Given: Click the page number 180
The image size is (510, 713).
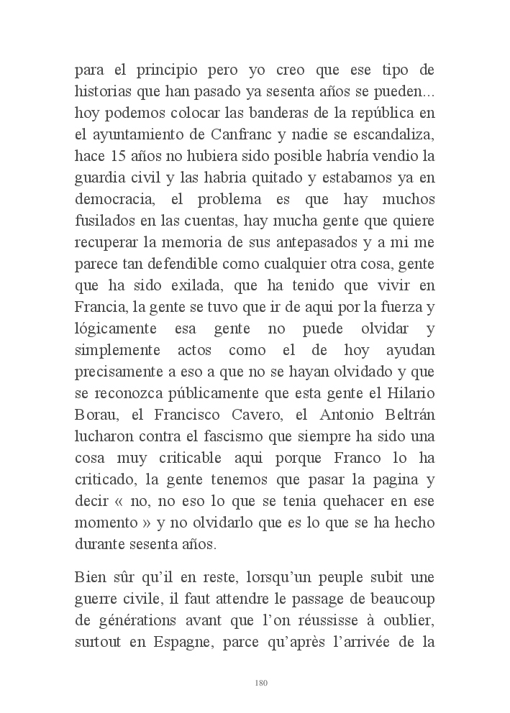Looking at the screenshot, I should point(261,682).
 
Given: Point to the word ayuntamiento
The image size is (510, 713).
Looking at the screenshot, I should point(135,134).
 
